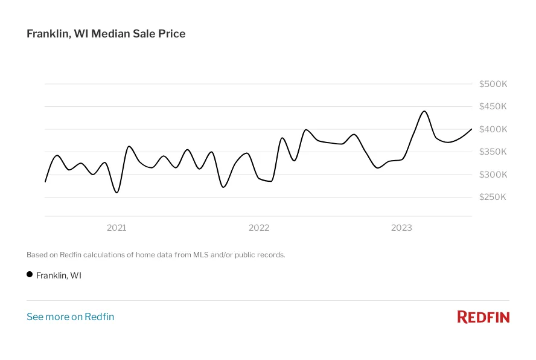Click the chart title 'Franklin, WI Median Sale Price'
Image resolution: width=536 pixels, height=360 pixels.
click(106, 34)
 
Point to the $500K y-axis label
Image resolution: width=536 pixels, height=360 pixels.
click(493, 84)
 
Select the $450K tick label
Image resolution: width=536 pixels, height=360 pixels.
click(493, 107)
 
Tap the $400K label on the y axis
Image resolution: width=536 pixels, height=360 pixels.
click(493, 129)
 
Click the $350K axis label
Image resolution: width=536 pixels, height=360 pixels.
click(493, 152)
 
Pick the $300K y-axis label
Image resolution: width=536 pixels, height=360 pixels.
click(493, 175)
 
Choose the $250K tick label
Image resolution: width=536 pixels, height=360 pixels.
click(493, 198)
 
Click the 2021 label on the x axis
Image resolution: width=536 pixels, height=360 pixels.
click(116, 228)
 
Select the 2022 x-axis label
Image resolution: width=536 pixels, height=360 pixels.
click(259, 228)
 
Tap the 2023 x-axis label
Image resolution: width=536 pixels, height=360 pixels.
click(401, 228)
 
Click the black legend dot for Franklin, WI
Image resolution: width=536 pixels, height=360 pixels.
click(30, 274)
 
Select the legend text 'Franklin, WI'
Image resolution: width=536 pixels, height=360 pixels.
click(59, 275)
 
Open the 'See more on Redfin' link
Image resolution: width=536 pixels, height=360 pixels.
click(70, 317)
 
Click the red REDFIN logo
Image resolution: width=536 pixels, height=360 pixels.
click(483, 317)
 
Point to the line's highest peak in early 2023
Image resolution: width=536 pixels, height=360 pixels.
click(424, 111)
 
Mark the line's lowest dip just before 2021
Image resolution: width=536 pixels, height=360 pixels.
click(116, 193)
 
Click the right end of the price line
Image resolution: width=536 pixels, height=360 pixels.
click(471, 129)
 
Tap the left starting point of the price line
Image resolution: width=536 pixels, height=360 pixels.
click(45, 181)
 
